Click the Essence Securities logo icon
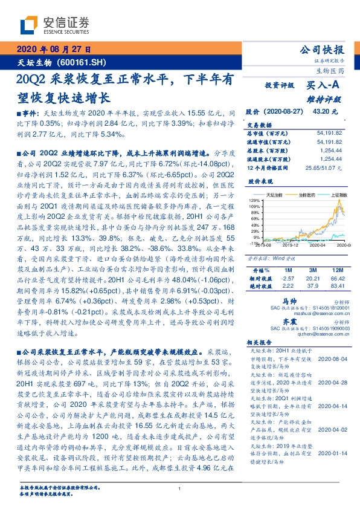29,25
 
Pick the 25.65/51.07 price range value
327,167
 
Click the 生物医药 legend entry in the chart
307,195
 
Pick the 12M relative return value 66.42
338,277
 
